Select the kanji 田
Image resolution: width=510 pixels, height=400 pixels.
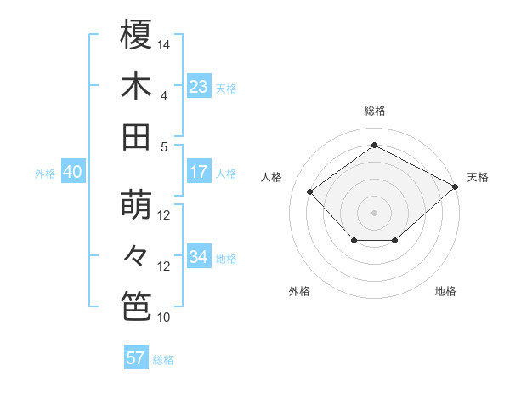point(136,136)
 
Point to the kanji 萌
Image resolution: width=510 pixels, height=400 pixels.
point(136,205)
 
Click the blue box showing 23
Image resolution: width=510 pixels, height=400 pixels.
point(199,86)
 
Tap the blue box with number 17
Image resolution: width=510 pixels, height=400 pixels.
point(199,172)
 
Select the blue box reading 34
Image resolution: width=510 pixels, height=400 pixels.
point(199,257)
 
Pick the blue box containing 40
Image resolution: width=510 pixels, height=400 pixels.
point(72,172)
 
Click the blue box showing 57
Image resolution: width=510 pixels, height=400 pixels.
point(136,358)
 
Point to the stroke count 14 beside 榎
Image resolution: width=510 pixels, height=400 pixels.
point(165,43)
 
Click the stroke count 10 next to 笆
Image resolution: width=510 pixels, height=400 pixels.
point(165,317)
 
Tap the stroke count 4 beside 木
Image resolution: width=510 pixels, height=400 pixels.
point(164,95)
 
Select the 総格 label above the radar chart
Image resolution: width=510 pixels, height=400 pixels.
point(375,111)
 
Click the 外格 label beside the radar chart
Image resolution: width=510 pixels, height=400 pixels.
point(299,291)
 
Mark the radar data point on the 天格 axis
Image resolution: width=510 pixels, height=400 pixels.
point(456,186)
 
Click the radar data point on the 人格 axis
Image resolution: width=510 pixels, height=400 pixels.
point(310,191)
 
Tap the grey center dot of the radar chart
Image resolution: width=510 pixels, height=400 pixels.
point(375,212)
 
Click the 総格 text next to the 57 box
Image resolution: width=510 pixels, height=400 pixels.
point(163,359)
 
